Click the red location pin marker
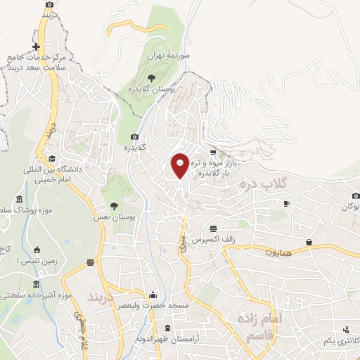coord(180,165)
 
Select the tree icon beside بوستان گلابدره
coord(151,78)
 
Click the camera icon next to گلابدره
coord(134,136)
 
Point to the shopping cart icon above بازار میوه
coord(212,152)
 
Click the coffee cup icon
coord(286,204)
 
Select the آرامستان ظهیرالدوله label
coord(170,340)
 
